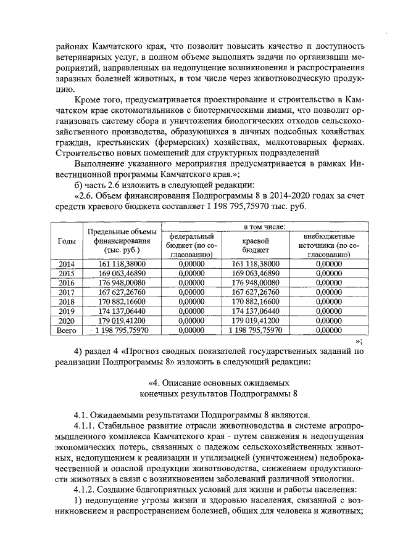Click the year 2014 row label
pos(66,264)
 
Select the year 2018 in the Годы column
pos(66,302)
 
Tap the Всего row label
pos(66,331)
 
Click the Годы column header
pos(66,240)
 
